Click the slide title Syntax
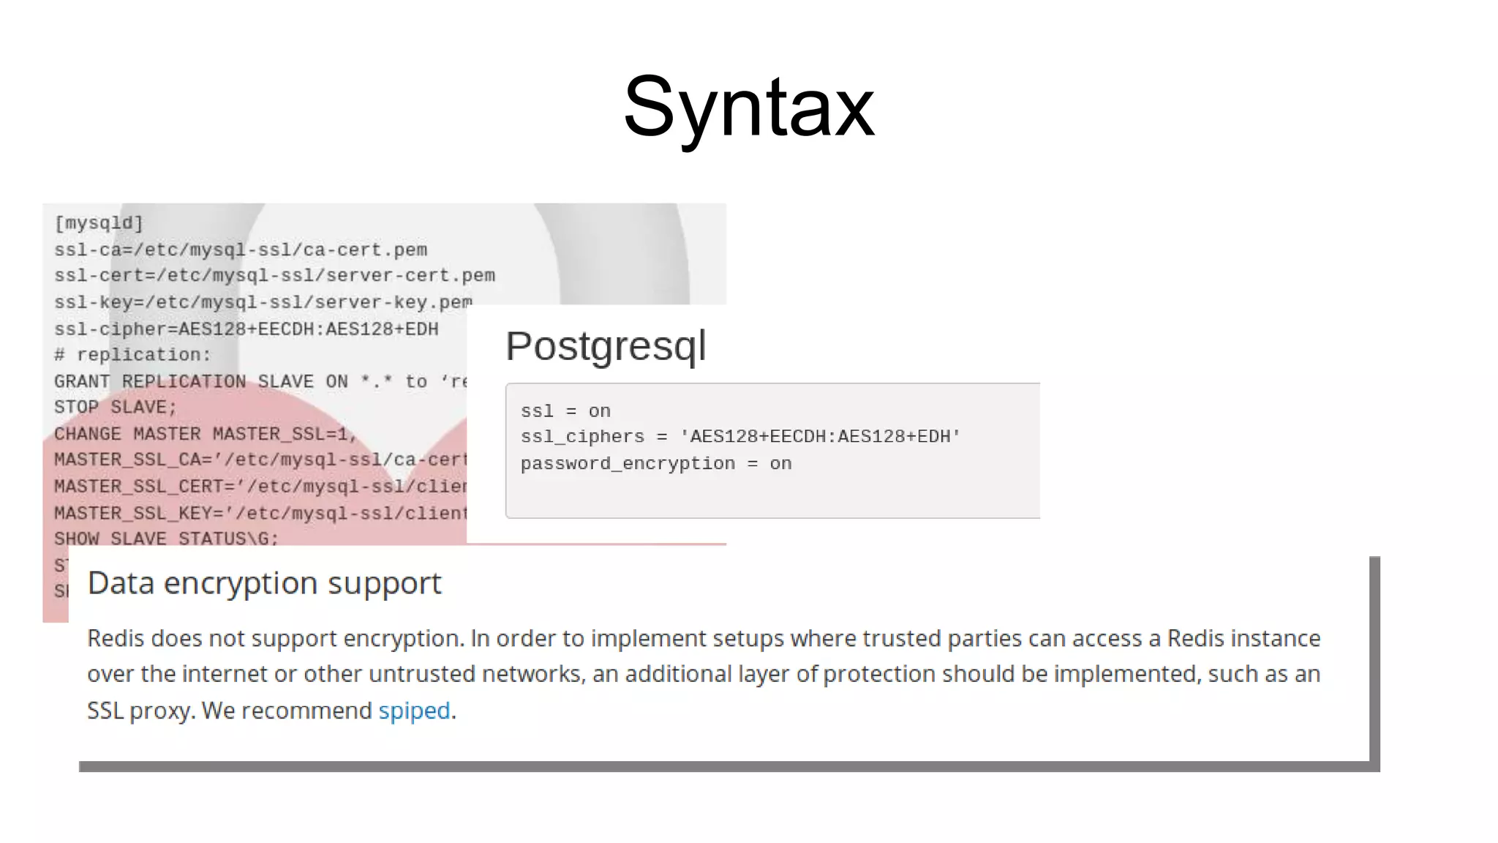point(748,108)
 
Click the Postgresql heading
point(606,345)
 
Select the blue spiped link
point(414,711)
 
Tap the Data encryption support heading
point(264,583)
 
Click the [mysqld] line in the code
point(99,223)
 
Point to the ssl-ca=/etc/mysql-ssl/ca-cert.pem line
point(241,250)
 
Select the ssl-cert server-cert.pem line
point(274,276)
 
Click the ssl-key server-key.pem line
point(263,302)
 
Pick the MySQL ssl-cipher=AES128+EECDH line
point(246,329)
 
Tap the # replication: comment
point(132,355)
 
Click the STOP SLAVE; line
point(116,408)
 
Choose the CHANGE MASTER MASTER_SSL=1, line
point(205,434)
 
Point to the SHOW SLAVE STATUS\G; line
point(166,539)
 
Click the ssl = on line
point(565,411)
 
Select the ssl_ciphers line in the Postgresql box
point(740,437)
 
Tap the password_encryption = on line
point(656,464)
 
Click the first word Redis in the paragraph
point(116,639)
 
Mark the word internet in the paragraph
point(225,674)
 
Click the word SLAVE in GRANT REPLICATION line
point(285,382)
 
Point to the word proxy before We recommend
point(162,711)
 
